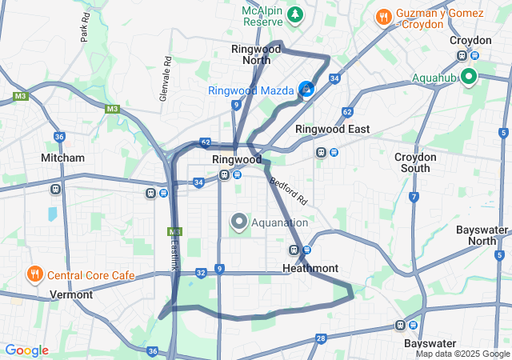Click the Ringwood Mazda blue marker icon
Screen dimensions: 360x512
click(x=306, y=89)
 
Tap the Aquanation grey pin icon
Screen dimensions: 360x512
click(x=238, y=222)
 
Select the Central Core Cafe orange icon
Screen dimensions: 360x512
click(x=34, y=274)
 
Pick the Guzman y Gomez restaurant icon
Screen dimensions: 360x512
click(x=384, y=15)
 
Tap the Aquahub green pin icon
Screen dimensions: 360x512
click(x=467, y=78)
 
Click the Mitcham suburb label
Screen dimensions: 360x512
click(x=62, y=158)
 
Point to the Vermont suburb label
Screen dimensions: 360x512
click(x=71, y=294)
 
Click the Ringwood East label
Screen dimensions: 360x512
click(x=332, y=129)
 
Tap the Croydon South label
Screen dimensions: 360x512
click(x=416, y=162)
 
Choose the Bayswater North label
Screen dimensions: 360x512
click(x=482, y=235)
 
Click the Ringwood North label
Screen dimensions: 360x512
click(x=256, y=54)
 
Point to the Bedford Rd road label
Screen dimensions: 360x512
click(x=288, y=190)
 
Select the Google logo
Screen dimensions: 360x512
click(x=26, y=350)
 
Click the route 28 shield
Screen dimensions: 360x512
click(x=321, y=338)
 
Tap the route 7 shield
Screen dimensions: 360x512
click(x=414, y=196)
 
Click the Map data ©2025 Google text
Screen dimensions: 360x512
click(x=462, y=354)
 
